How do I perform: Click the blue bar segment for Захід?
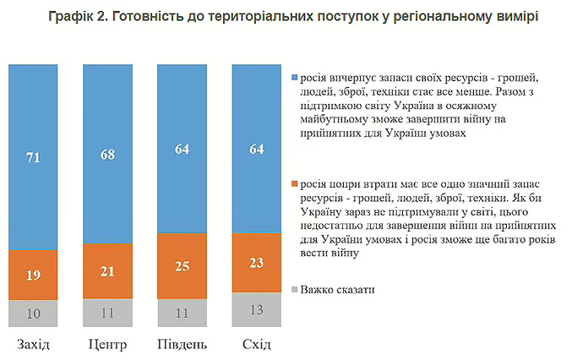34,156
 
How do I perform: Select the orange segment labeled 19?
34,274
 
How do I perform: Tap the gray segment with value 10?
34,313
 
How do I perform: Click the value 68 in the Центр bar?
108,155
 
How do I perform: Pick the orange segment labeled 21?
108,270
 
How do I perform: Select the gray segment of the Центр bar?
108,312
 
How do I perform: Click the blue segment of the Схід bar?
256,148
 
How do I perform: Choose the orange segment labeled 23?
256,262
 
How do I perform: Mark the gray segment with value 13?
256,308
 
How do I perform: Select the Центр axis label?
108,344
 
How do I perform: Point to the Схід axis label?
256,344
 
